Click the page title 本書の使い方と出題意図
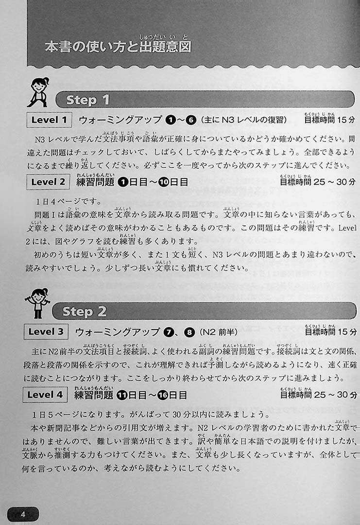click(x=118, y=47)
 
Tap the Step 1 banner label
click(x=88, y=100)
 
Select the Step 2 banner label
click(x=85, y=312)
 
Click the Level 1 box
click(x=49, y=120)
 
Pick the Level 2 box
click(x=48, y=182)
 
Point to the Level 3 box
click(x=46, y=332)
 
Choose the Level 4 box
click(x=45, y=394)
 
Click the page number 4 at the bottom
click(x=23, y=514)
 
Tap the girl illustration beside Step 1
click(x=38, y=92)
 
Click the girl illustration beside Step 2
click(x=37, y=303)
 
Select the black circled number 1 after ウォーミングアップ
click(x=171, y=120)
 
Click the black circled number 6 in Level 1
click(x=191, y=120)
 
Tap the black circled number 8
click(x=189, y=332)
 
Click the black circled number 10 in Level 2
click(x=164, y=182)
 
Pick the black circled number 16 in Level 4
click(x=162, y=395)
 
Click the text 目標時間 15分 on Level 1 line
click(x=329, y=120)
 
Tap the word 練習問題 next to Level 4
click(x=94, y=395)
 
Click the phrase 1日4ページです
click(x=68, y=201)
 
